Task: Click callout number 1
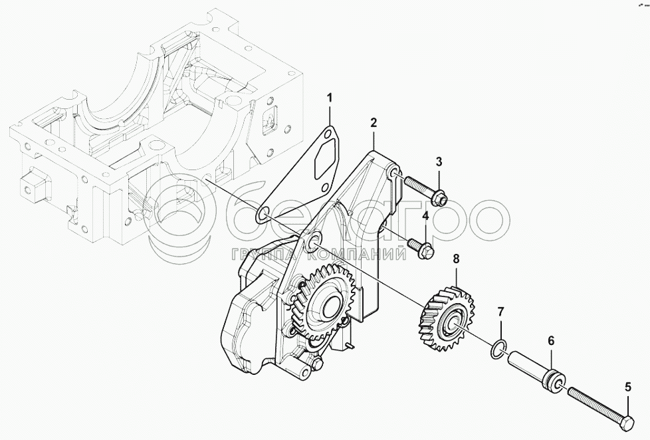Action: point(330,98)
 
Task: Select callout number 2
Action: point(374,122)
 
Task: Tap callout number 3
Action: point(439,162)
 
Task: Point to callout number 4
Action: point(426,215)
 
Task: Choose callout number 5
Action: point(628,387)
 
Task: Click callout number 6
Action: point(551,341)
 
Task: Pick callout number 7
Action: point(500,311)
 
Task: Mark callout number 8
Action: point(456,259)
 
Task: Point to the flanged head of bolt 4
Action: point(426,250)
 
